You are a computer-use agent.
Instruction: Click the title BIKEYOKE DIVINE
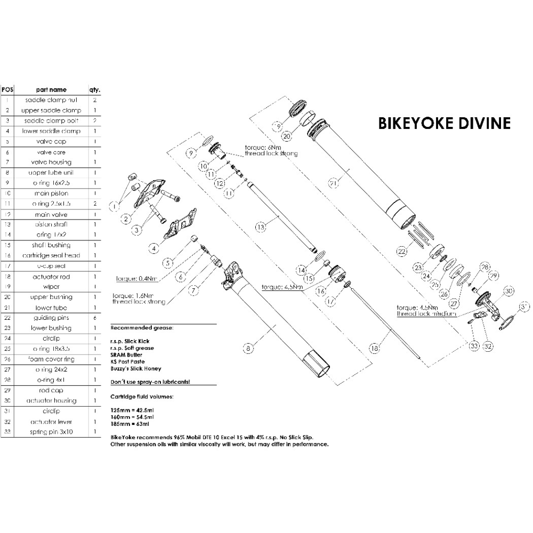pos(445,123)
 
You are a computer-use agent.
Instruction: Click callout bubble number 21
pos(334,184)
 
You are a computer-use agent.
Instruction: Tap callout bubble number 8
pos(247,349)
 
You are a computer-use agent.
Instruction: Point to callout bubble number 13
pos(261,227)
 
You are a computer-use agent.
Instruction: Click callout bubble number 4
pos(154,248)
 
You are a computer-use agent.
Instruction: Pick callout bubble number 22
pos(401,251)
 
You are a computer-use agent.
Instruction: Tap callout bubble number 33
pos(474,346)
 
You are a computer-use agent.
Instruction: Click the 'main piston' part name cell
pos(51,193)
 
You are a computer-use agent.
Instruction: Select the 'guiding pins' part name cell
pos(51,318)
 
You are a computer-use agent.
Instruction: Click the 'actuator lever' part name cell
pos(51,422)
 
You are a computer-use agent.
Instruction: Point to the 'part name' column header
pos(51,90)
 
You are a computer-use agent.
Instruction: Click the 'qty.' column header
pos(95,90)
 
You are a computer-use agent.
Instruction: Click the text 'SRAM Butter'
pos(126,353)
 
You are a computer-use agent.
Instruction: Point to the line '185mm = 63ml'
pos(129,424)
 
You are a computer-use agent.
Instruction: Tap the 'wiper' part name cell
pos(51,287)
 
